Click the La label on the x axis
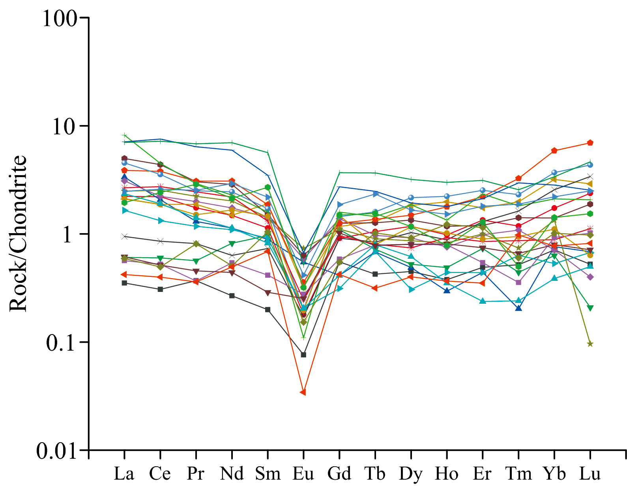(x=124, y=473)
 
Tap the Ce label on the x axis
(x=160, y=473)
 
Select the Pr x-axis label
(x=196, y=473)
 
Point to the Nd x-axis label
(x=232, y=473)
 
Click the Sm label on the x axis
(x=268, y=473)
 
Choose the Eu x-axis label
(x=303, y=473)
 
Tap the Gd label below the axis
(x=339, y=473)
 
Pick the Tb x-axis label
(x=375, y=473)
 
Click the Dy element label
(x=411, y=473)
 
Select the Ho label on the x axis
(x=447, y=473)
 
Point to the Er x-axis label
(x=482, y=473)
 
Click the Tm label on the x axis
(x=518, y=473)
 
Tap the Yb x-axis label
(x=554, y=473)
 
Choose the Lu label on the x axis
(x=590, y=473)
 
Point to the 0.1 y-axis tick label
(x=61, y=342)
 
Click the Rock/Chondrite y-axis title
(x=18, y=234)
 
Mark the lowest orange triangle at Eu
(x=303, y=392)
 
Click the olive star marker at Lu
(x=590, y=344)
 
